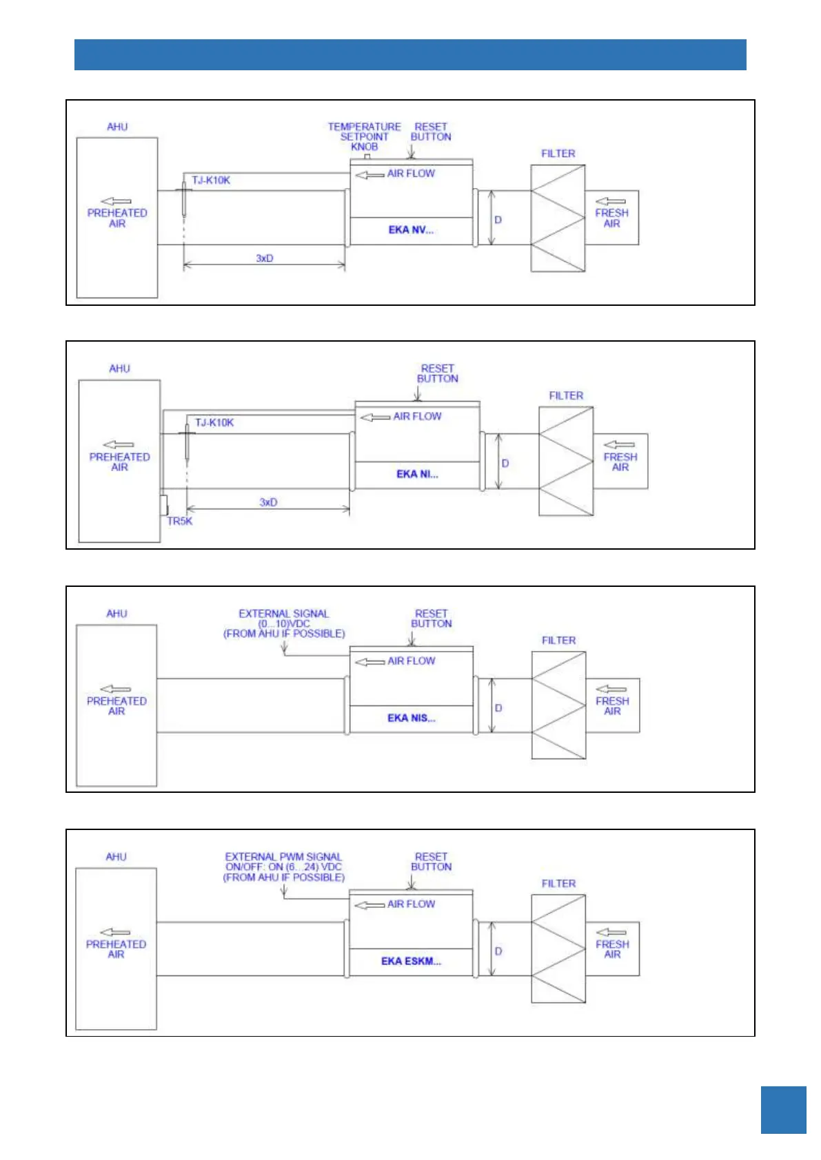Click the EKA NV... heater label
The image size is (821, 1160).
click(x=411, y=230)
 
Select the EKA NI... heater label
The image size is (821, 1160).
click(x=417, y=474)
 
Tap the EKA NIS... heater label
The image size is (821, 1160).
click(x=411, y=718)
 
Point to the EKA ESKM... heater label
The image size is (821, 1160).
click(x=411, y=961)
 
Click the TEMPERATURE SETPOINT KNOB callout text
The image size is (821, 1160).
click(x=364, y=136)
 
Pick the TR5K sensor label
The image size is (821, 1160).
click(x=180, y=521)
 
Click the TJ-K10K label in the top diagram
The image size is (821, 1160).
click(x=211, y=180)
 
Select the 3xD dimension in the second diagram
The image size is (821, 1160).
click(x=268, y=502)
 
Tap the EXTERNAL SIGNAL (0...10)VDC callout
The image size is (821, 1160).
click(x=284, y=623)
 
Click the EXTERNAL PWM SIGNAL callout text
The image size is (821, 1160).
click(x=283, y=867)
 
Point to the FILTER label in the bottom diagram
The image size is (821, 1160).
click(x=558, y=884)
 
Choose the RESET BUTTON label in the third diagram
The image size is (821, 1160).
click(x=432, y=619)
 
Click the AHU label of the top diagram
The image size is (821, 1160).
click(x=117, y=127)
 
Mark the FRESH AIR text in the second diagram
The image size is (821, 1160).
click(x=620, y=462)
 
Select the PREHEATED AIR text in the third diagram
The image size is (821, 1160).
click(x=116, y=705)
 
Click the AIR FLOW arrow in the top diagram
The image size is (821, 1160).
click(x=370, y=175)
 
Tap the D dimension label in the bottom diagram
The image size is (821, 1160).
click(x=498, y=951)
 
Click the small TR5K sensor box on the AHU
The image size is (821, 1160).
click(x=164, y=505)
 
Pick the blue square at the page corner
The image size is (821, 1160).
click(x=783, y=1110)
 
